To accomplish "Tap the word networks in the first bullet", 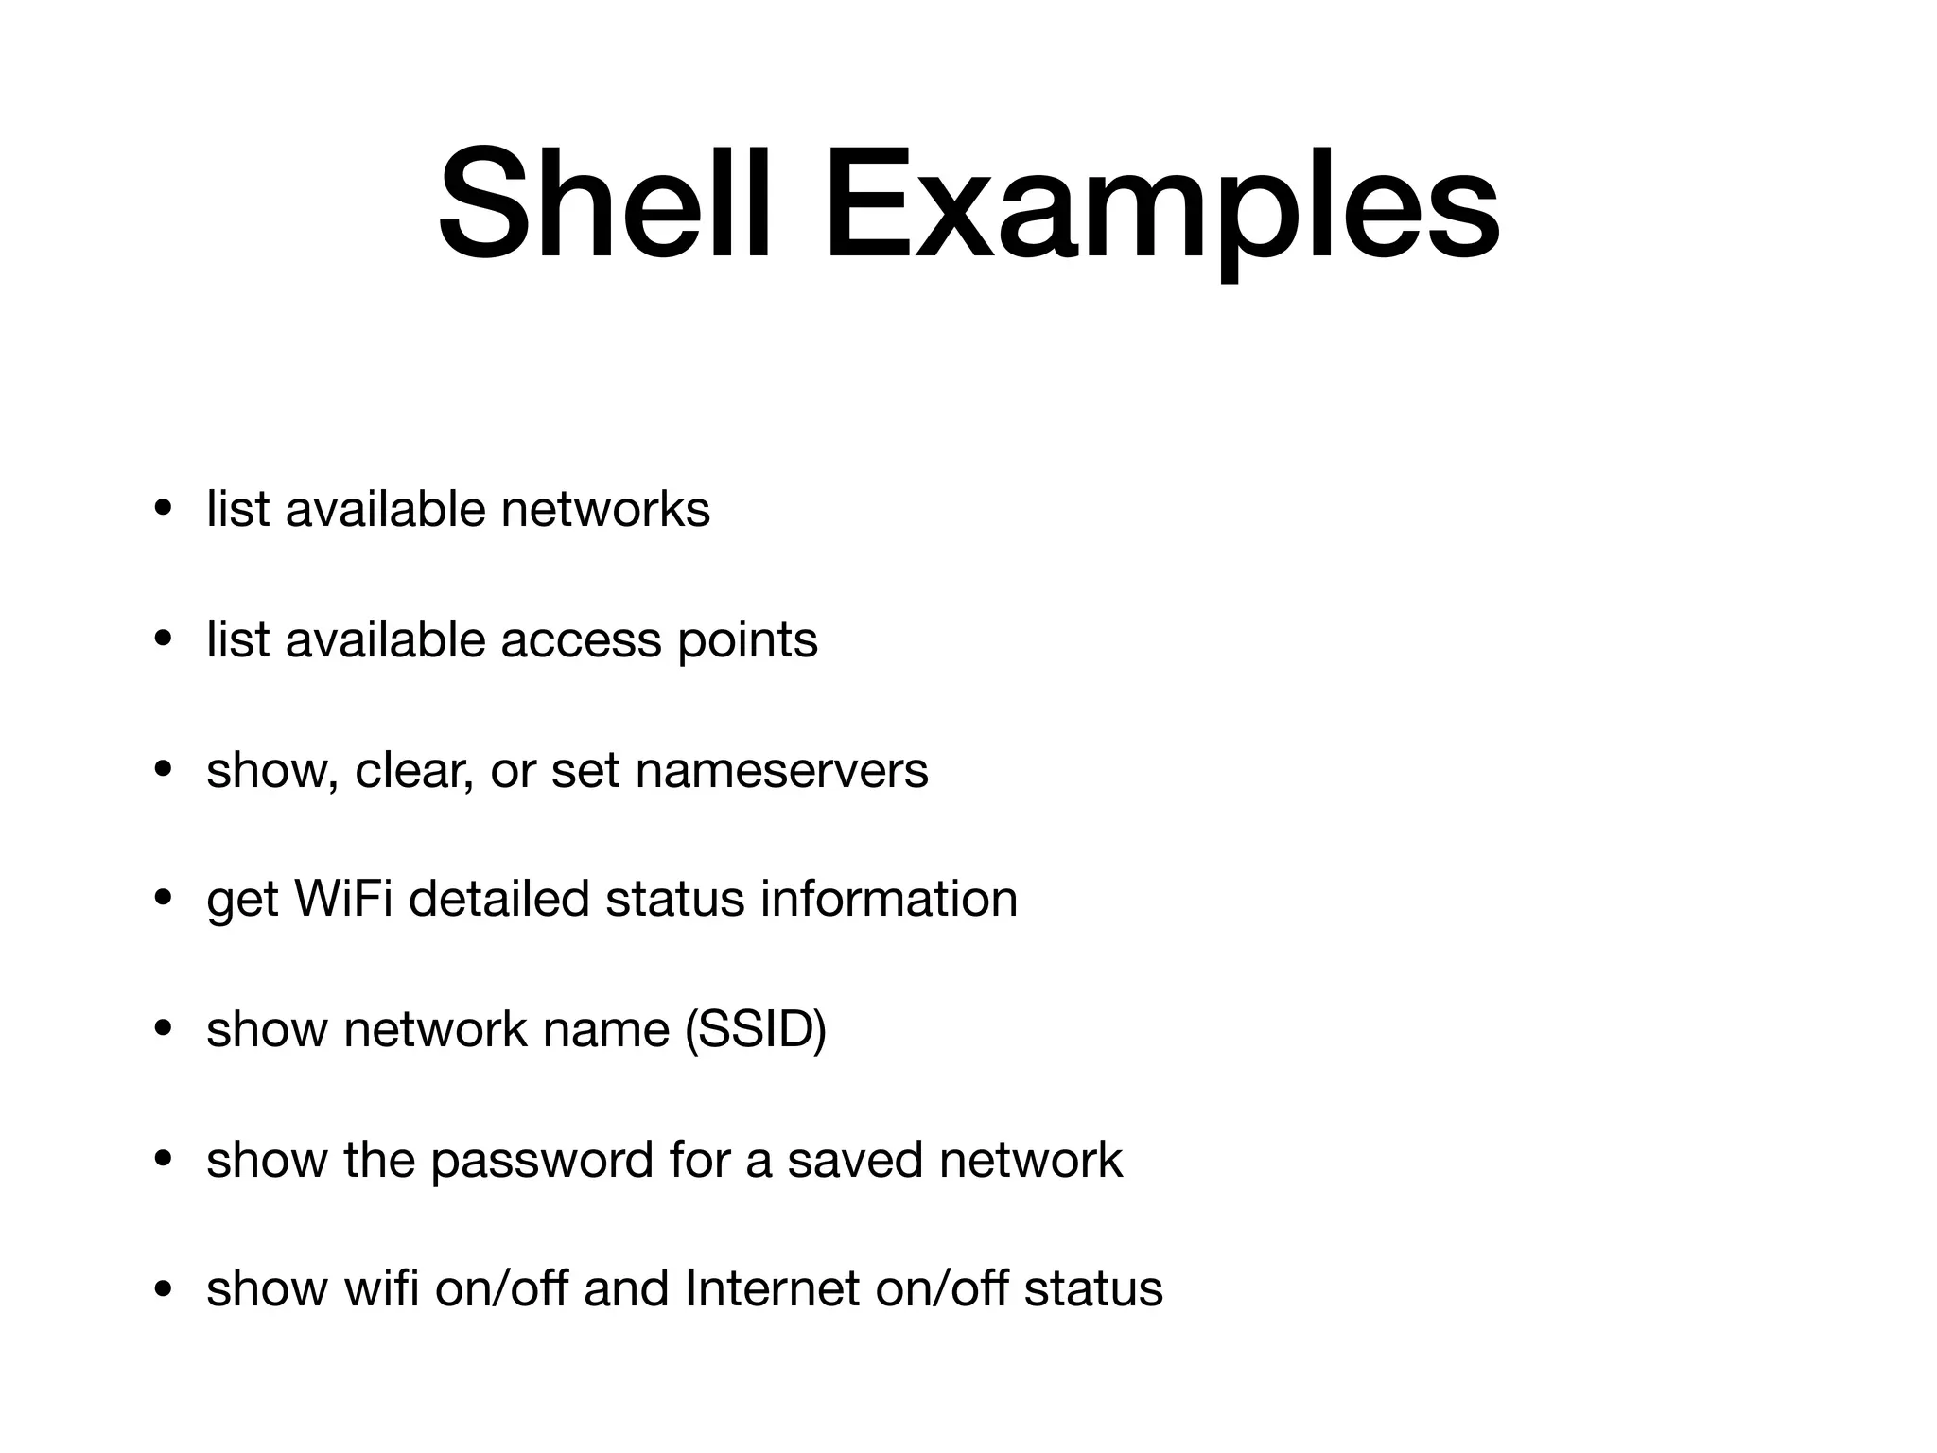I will tap(605, 509).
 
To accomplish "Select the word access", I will tap(581, 640).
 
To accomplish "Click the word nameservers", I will tap(782, 770).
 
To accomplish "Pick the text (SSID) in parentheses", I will tap(755, 1029).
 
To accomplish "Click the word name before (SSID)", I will tap(606, 1029).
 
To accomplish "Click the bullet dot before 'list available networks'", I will tap(164, 510).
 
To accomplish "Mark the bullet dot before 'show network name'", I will tap(164, 1029).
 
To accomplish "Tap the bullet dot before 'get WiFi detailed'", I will tap(164, 899).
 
